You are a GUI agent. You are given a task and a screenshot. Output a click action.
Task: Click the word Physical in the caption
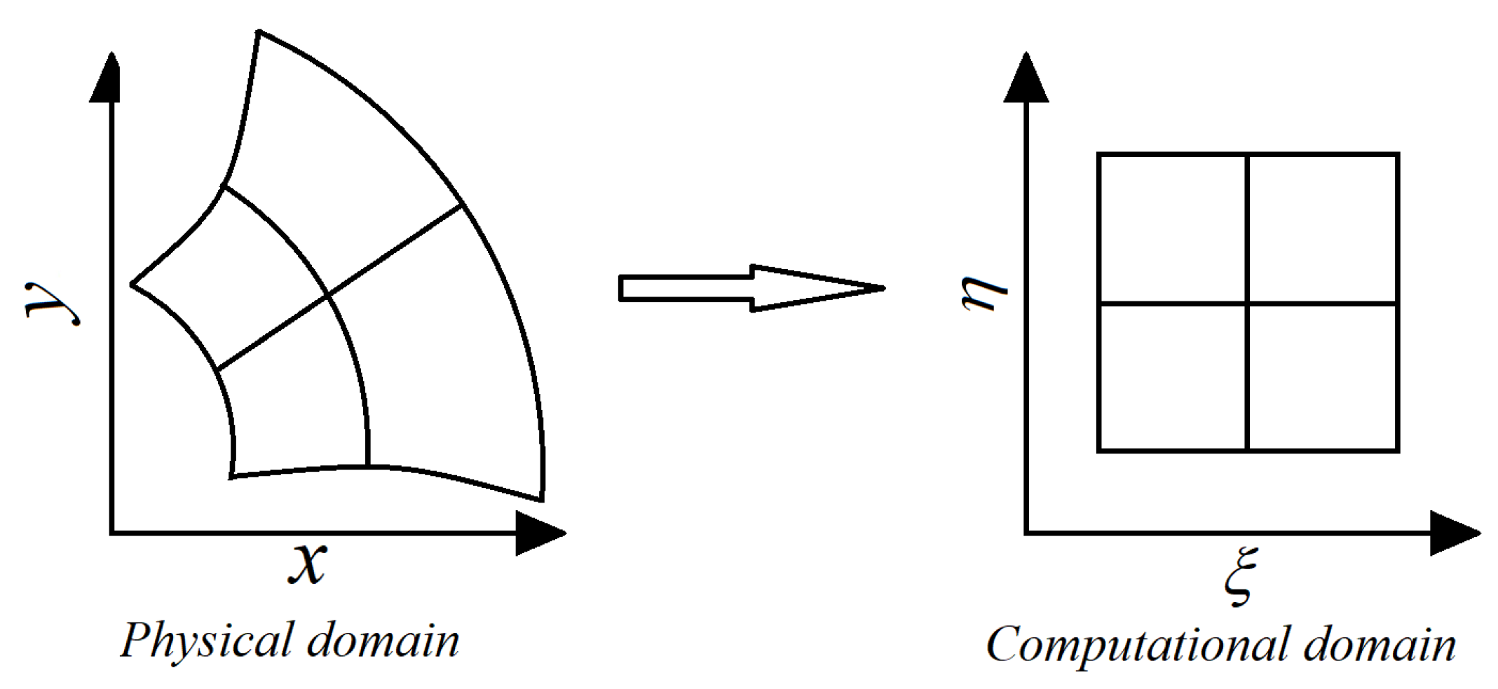(206, 641)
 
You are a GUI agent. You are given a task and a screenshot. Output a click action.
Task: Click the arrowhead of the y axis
(110, 77)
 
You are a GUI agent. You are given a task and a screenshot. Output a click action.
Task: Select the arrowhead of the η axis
(1026, 77)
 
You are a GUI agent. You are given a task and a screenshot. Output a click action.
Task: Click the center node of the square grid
(1248, 303)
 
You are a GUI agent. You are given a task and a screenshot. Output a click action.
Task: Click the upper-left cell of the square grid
(1173, 229)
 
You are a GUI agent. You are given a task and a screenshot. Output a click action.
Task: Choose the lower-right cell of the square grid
(1323, 377)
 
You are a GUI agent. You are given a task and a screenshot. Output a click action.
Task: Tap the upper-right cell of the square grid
(1323, 229)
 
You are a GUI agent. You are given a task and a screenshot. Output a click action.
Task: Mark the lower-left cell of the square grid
(1173, 377)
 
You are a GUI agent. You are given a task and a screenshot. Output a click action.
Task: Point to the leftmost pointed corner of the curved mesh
(132, 284)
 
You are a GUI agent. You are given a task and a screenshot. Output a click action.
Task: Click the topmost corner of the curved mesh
(259, 32)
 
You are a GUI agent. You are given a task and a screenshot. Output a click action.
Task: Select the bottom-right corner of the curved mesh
(542, 500)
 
